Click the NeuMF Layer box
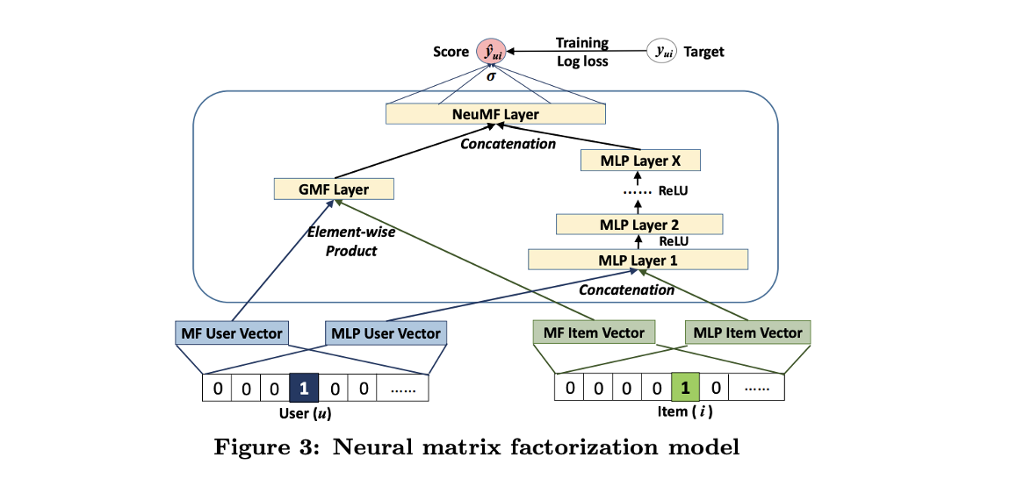tap(496, 114)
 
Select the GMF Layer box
tap(334, 189)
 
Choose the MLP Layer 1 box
tap(638, 260)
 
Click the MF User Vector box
tap(230, 333)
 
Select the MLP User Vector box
tap(385, 333)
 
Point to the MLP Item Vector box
tap(747, 332)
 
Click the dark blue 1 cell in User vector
tap(303, 387)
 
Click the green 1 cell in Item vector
tap(685, 387)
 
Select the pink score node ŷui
tap(491, 53)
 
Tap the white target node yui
tap(661, 52)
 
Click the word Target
tap(704, 52)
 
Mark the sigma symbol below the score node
tap(492, 76)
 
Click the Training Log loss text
tap(581, 52)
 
